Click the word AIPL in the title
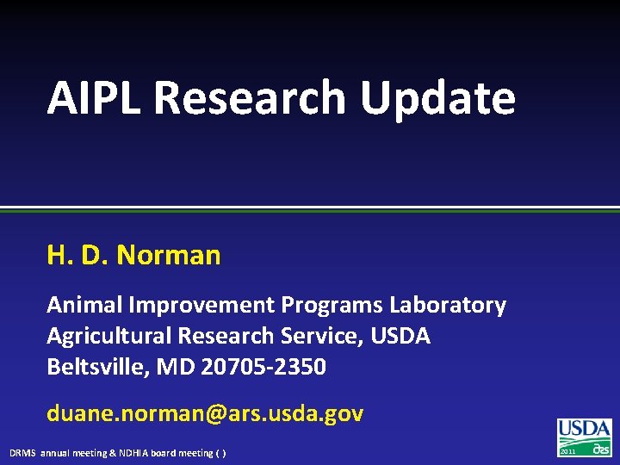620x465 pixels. (x=94, y=97)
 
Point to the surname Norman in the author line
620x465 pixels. (x=168, y=255)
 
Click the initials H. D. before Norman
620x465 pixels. (x=77, y=255)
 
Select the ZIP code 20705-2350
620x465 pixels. (x=263, y=367)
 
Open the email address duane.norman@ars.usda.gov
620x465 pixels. (x=205, y=413)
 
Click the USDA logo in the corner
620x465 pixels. (x=585, y=437)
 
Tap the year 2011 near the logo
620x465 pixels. (x=568, y=450)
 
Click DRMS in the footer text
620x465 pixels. (x=23, y=453)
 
